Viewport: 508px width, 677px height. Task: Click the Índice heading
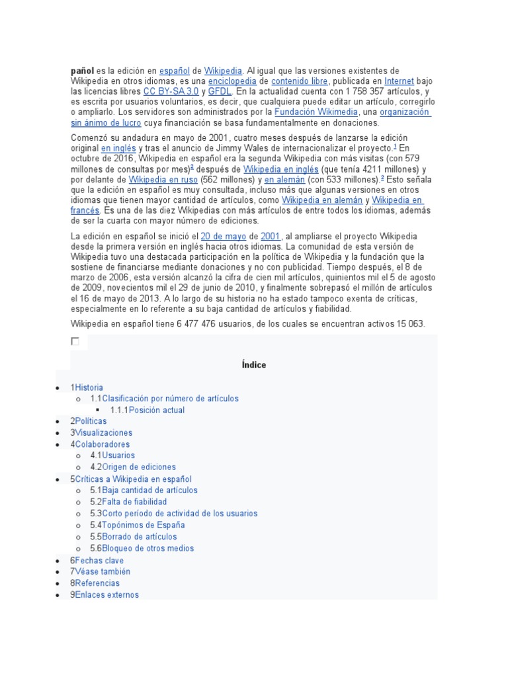click(254, 365)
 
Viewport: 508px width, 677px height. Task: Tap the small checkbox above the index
click(75, 341)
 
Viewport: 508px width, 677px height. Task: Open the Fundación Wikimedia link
click(312, 112)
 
